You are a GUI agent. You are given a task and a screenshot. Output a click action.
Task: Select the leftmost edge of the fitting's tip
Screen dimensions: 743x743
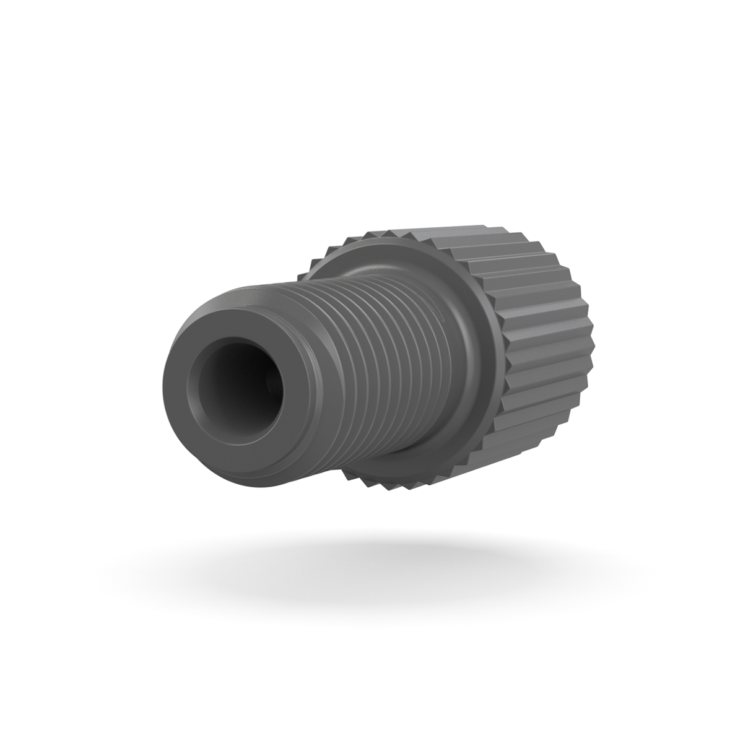tap(164, 384)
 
